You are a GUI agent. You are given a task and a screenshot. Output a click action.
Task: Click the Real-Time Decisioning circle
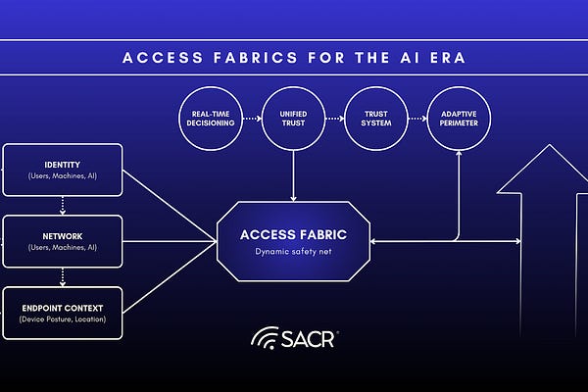pyautogui.click(x=211, y=120)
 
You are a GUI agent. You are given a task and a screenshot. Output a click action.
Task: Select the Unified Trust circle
pyautogui.click(x=294, y=120)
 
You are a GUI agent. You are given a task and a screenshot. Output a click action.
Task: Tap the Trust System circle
pyautogui.click(x=376, y=120)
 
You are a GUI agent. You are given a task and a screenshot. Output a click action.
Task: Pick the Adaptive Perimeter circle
pyautogui.click(x=459, y=120)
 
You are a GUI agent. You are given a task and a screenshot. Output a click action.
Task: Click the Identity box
pyautogui.click(x=63, y=170)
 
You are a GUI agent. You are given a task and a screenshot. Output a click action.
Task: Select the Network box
pyautogui.click(x=63, y=241)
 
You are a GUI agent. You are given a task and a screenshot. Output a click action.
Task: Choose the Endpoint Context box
pyautogui.click(x=63, y=313)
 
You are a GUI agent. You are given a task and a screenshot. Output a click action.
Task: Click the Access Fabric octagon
pyautogui.click(x=294, y=241)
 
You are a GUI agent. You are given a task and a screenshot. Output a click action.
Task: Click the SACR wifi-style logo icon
pyautogui.click(x=264, y=340)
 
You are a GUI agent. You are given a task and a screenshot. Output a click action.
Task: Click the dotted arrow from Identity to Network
pyautogui.click(x=63, y=205)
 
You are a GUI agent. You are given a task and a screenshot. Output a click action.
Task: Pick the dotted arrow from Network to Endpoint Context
pyautogui.click(x=63, y=276)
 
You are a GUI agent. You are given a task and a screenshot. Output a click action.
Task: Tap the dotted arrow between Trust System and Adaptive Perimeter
pyautogui.click(x=417, y=120)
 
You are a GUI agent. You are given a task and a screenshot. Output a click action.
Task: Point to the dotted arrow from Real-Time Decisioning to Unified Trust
pyautogui.click(x=252, y=120)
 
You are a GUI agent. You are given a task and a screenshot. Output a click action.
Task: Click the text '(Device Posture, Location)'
pyautogui.click(x=63, y=319)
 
